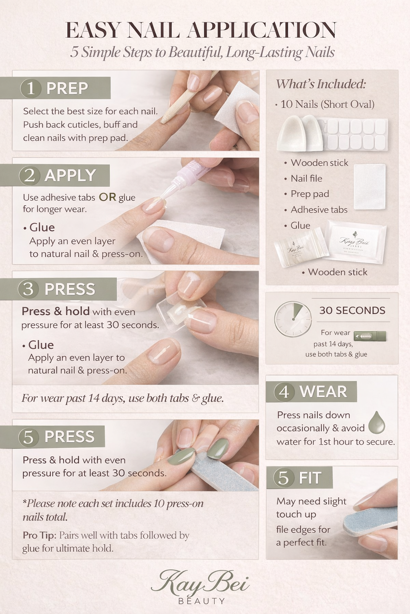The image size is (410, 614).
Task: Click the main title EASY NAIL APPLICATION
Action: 201,30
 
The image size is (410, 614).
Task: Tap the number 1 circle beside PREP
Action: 31,88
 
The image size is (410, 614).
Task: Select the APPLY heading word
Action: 70,175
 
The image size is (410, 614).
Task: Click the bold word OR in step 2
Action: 107,197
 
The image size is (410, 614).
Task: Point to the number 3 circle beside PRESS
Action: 28,289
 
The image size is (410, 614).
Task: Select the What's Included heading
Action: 321,84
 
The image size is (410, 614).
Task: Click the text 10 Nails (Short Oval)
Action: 327,104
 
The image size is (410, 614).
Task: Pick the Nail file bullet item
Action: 306,178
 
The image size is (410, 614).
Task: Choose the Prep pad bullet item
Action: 310,194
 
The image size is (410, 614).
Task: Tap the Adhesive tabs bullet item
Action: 319,209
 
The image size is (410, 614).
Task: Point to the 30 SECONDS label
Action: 352,310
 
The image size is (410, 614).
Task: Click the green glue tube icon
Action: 370,336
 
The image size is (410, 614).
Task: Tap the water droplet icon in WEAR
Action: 376,423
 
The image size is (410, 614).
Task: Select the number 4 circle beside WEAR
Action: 284,392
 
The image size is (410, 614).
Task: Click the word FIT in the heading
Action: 310,478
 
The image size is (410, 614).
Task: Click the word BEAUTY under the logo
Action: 201,601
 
